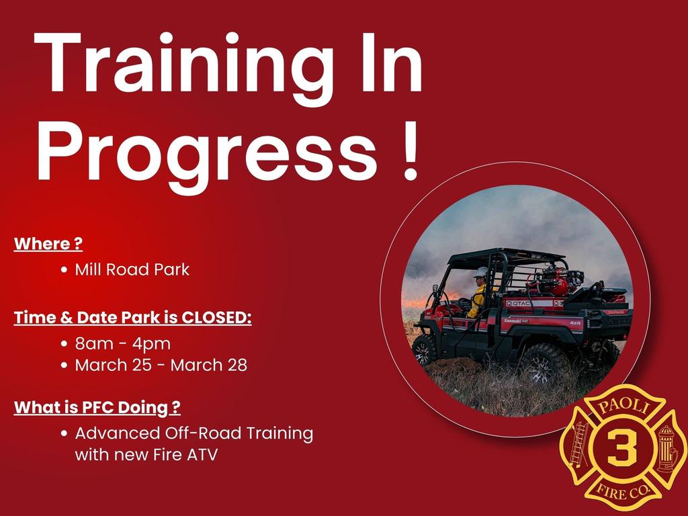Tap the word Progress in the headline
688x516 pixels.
206,154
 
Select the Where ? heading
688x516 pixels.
48,244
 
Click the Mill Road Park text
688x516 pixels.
132,269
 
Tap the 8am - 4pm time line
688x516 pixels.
123,343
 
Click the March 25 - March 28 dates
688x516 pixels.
161,365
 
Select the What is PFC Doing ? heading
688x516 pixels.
97,408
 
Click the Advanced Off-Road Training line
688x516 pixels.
194,433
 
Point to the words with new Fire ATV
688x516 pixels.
146,455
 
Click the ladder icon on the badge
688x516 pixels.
578,444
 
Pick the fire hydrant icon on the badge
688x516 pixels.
666,448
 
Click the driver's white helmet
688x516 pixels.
481,272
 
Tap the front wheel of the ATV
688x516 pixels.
424,350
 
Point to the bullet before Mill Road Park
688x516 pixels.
64,269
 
